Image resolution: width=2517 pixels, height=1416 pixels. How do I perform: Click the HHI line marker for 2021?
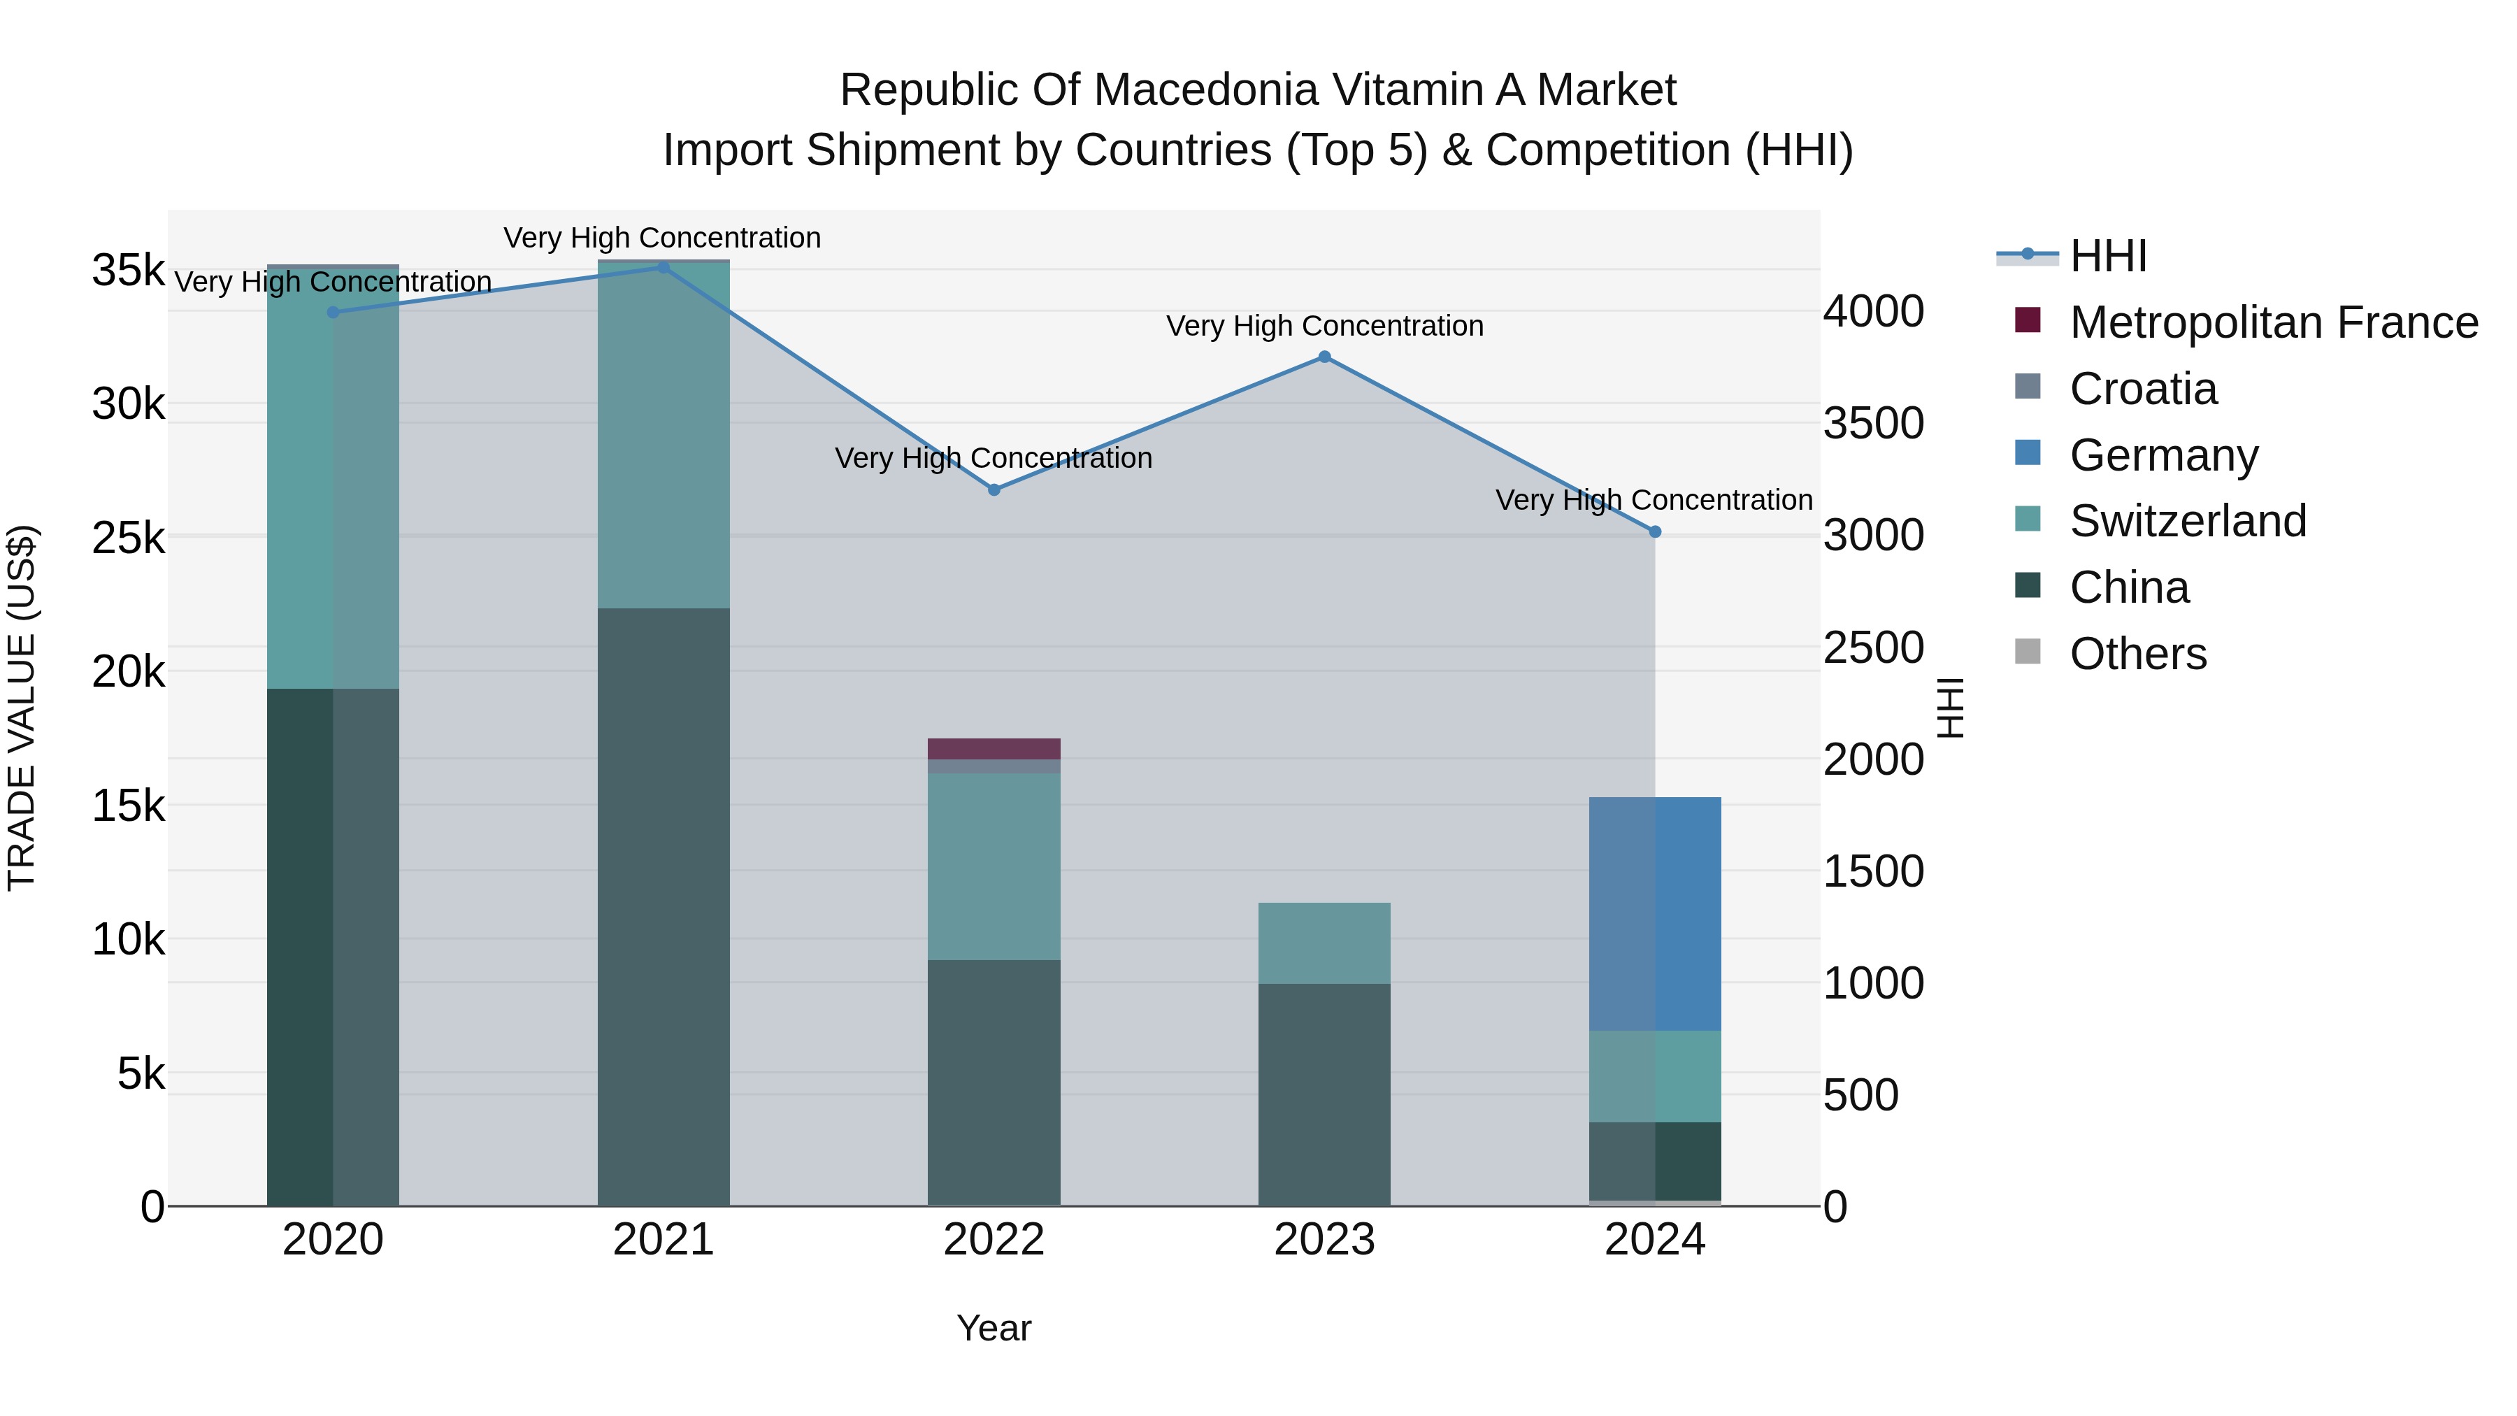point(664,268)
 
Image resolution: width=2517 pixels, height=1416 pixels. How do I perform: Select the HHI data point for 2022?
point(994,489)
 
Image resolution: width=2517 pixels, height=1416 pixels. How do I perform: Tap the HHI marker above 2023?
point(1324,357)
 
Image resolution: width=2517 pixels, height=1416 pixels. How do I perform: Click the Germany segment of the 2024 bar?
point(1654,914)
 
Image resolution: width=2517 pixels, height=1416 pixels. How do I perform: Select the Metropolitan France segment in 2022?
point(994,748)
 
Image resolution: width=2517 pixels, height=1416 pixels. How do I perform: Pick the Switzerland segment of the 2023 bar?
point(1324,943)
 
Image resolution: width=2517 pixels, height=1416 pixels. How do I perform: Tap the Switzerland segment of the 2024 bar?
point(1654,1076)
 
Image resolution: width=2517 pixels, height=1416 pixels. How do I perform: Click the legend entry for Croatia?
point(2143,389)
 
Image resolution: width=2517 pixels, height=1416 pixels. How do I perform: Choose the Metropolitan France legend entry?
point(2273,322)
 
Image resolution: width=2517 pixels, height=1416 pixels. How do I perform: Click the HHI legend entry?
point(2107,256)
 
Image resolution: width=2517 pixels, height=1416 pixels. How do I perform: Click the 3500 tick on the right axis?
point(1873,424)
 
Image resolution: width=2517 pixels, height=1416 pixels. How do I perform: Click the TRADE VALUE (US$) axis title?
point(22,708)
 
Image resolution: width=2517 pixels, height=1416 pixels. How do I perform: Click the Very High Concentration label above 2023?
point(1324,327)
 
